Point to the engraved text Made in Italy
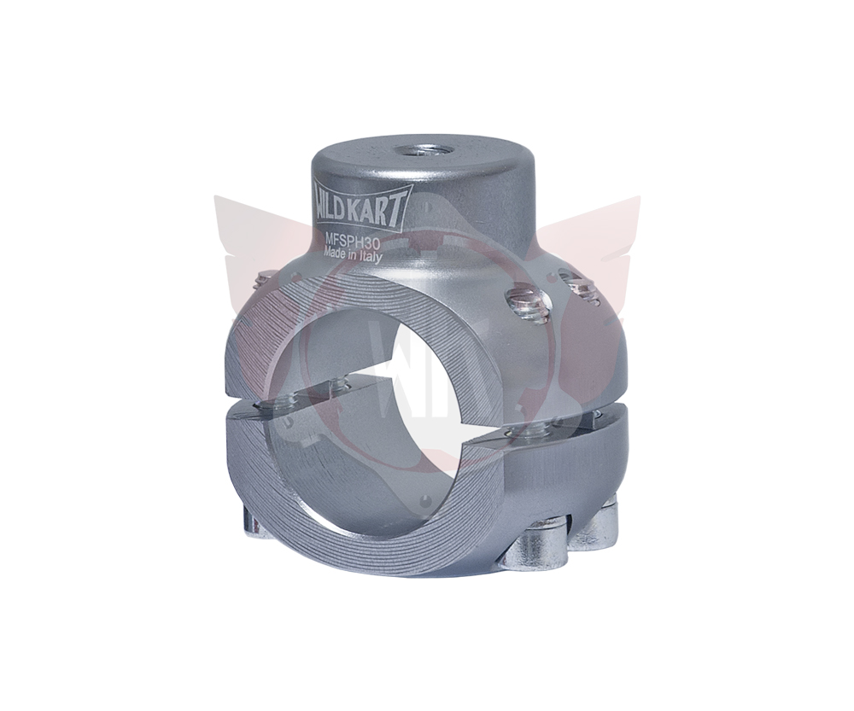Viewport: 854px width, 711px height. click(354, 254)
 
